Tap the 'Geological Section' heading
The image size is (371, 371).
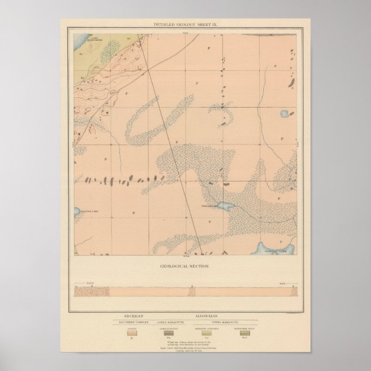point(185,267)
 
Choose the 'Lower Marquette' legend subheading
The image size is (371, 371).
point(169,321)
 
